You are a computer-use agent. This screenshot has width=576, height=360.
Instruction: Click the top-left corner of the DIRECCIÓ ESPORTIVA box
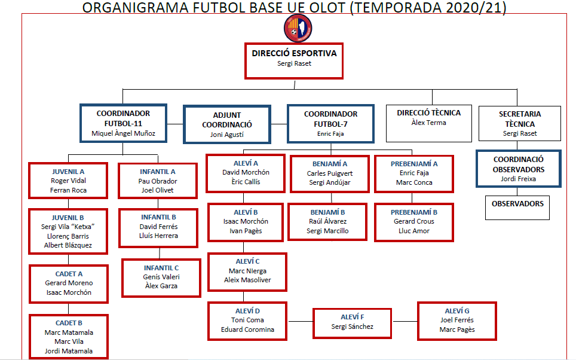(245, 44)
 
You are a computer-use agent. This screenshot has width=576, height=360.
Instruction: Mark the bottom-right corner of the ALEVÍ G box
(497, 340)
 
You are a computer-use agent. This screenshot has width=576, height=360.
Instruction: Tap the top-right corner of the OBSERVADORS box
(550, 196)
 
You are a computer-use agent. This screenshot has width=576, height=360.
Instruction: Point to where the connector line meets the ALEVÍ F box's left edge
(313, 321)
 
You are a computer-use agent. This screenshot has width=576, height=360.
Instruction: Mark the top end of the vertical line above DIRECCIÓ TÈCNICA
(432, 89)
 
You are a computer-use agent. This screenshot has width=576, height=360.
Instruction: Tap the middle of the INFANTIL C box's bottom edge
(161, 297)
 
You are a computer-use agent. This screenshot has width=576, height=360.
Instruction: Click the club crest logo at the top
(298, 28)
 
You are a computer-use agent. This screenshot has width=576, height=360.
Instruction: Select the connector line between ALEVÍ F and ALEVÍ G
(405, 321)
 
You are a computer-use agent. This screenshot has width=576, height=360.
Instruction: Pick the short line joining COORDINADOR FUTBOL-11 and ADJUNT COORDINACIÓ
(175, 124)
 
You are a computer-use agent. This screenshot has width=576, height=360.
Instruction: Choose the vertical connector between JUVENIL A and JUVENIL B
(68, 204)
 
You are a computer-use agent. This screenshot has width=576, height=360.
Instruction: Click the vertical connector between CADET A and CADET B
(68, 309)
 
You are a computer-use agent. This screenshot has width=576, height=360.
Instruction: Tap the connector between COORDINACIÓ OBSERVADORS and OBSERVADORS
(517, 191)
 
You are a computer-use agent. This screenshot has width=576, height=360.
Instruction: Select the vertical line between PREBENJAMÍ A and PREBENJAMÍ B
(412, 198)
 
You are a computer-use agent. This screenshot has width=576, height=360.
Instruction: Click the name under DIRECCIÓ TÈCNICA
(428, 123)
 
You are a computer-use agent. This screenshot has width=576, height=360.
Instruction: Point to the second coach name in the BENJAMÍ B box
(327, 231)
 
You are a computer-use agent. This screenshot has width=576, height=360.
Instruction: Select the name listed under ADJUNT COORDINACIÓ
(226, 135)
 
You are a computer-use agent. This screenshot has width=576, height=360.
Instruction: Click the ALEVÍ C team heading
(247, 261)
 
